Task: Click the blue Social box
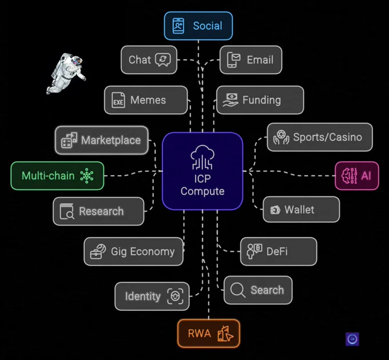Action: (199, 26)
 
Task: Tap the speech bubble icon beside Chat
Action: (163, 60)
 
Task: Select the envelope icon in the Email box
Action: (234, 60)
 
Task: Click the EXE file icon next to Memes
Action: (118, 100)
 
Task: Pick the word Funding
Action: (261, 100)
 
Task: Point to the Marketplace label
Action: (111, 140)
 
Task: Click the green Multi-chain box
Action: (57, 176)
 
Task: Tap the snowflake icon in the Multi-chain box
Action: (86, 176)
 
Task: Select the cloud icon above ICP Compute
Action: (203, 157)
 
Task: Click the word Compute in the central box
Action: (203, 191)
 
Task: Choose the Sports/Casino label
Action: (327, 137)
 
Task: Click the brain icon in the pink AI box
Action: (350, 176)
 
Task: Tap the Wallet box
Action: (301, 209)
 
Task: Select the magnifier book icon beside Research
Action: (67, 212)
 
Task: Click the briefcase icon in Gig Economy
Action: (98, 251)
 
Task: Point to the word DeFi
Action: (277, 251)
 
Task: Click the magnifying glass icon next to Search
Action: (237, 290)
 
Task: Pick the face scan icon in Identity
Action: (176, 296)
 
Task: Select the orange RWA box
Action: (209, 334)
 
